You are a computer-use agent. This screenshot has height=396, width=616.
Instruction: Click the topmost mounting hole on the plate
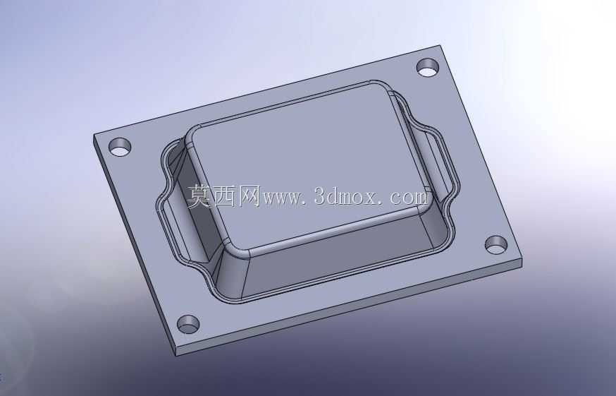[428, 68]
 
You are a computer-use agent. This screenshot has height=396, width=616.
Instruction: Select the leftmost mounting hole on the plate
[119, 148]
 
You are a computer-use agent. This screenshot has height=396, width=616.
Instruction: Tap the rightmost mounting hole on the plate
[496, 245]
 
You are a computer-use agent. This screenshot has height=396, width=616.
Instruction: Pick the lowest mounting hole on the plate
[188, 324]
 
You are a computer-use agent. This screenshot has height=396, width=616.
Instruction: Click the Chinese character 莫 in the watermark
[200, 196]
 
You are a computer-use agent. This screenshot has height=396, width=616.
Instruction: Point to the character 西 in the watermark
[224, 196]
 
